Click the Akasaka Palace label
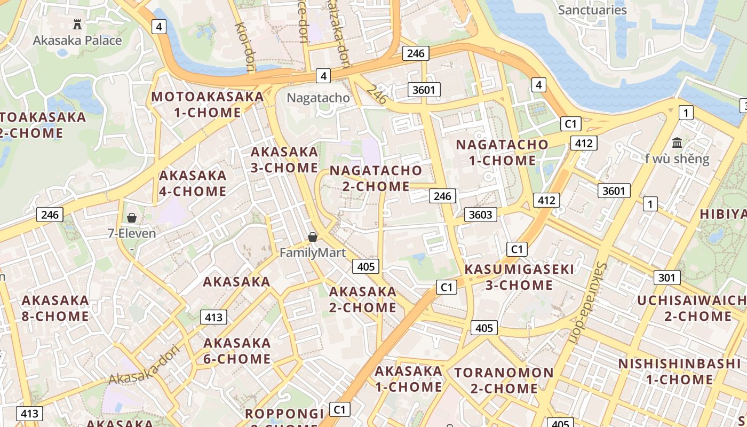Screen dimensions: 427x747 pyautogui.click(x=77, y=41)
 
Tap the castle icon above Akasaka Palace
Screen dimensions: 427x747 pyautogui.click(x=77, y=24)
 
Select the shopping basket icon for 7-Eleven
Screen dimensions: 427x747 pyautogui.click(x=131, y=218)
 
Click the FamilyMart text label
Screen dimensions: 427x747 pyautogui.click(x=313, y=252)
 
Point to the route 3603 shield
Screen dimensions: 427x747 pyautogui.click(x=480, y=215)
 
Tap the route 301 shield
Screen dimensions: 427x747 pyautogui.click(x=666, y=278)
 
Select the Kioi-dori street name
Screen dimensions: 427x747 pyautogui.click(x=245, y=46)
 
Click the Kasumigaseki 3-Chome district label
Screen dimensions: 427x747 pyautogui.click(x=519, y=277)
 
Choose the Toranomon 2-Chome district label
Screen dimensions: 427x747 pyautogui.click(x=504, y=380)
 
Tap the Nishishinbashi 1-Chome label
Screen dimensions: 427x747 pyautogui.click(x=679, y=371)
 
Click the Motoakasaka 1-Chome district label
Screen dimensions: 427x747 pyautogui.click(x=208, y=105)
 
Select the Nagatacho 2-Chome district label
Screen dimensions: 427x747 pyautogui.click(x=376, y=178)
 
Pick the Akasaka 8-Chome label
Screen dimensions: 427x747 pyautogui.click(x=55, y=308)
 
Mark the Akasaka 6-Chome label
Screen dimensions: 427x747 pyautogui.click(x=237, y=350)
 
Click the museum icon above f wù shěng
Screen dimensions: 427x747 pyautogui.click(x=677, y=143)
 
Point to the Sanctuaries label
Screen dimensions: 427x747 pyautogui.click(x=592, y=10)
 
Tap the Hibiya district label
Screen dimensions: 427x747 pyautogui.click(x=723, y=214)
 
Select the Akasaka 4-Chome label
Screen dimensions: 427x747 pyautogui.click(x=193, y=183)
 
